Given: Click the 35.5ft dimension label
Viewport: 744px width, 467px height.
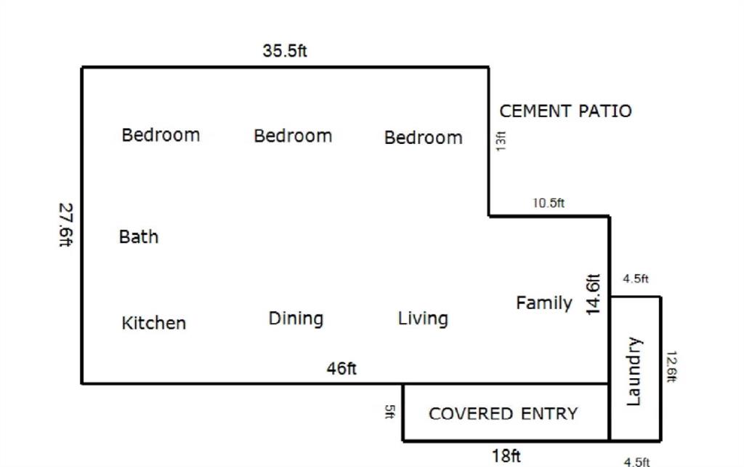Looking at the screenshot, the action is coord(285,50).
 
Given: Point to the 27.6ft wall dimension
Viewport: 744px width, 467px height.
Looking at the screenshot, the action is coord(66,225).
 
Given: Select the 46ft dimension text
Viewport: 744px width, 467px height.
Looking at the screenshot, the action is coord(341,368).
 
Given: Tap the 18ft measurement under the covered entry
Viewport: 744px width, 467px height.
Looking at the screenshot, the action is coord(506,456).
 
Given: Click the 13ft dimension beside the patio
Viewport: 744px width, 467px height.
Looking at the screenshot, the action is coord(501,141).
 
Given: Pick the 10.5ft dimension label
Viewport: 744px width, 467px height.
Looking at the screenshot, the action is coord(549,203).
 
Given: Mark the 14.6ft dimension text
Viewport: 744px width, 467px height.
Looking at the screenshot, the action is coord(593,294).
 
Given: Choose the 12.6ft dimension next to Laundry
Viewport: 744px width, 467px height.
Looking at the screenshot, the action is coord(671,367).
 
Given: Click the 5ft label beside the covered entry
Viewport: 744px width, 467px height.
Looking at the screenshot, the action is coord(389,412).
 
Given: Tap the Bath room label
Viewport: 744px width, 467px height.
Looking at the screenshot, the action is coord(139,236).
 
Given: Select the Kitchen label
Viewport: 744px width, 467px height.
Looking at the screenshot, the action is coord(154,323).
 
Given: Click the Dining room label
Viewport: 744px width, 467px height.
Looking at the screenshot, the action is coord(296,319).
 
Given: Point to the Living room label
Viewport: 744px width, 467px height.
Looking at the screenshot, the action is coord(423,319).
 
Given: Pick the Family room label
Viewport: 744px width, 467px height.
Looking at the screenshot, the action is coord(544,303).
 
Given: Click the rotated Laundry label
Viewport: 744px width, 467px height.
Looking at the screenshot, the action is coord(634,372).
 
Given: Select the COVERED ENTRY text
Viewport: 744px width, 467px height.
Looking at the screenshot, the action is coord(504,414).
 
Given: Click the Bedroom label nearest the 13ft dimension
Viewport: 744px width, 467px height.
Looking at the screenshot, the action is coord(424,137).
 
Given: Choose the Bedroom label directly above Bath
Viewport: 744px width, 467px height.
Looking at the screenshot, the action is coord(161,135).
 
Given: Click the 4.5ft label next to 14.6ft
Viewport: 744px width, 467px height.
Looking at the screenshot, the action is coord(635,279).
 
